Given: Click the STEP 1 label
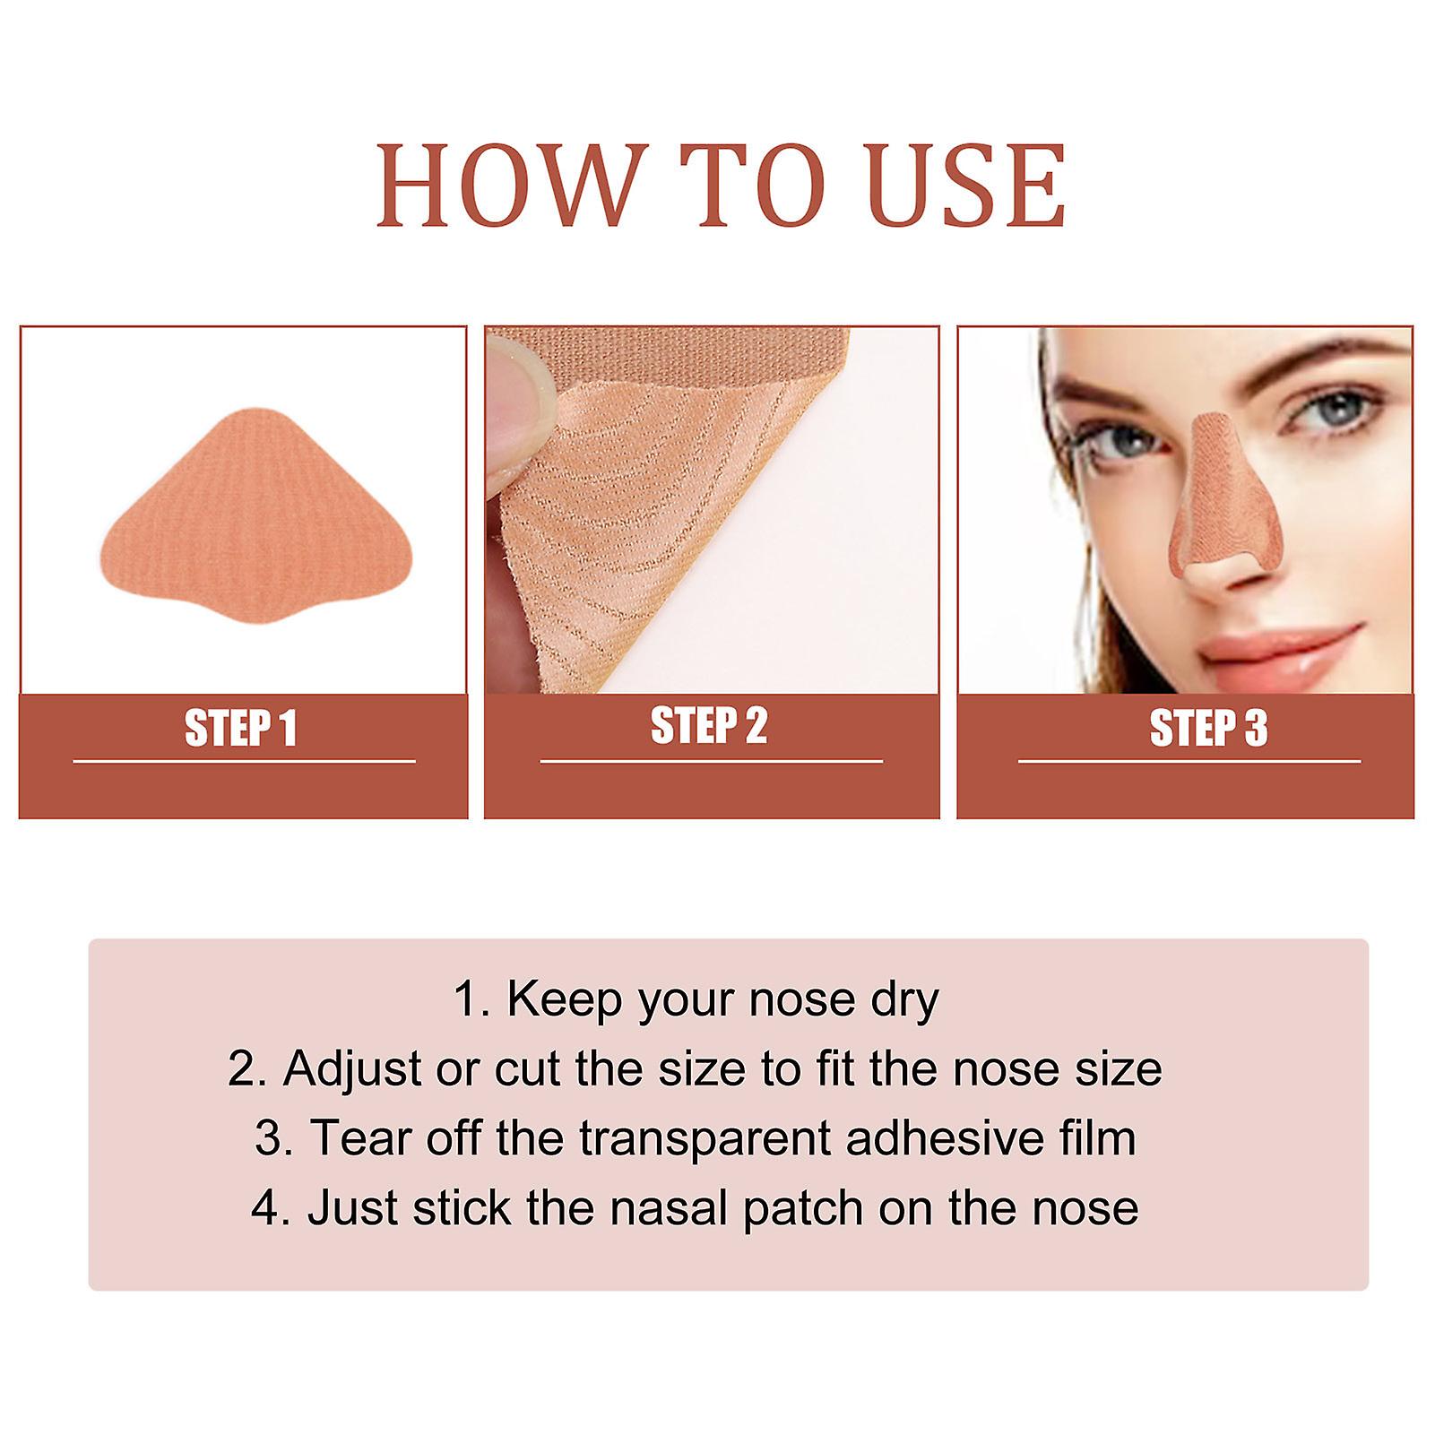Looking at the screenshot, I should [x=240, y=728].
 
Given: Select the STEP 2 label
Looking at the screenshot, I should [x=709, y=726].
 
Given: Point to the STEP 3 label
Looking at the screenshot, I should [x=1208, y=728].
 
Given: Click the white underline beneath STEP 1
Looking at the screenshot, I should [x=244, y=762].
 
